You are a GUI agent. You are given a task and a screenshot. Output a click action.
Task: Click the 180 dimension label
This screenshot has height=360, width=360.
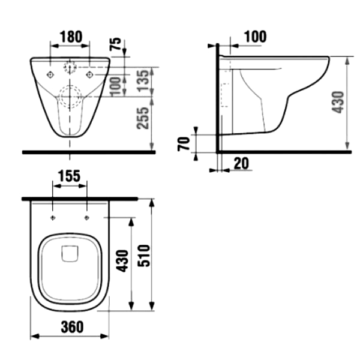pyautogui.click(x=71, y=37)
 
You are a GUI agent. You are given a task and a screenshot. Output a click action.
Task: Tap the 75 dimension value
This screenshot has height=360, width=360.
pyautogui.click(x=115, y=44)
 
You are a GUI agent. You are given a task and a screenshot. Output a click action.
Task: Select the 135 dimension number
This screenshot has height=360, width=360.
pyautogui.click(x=145, y=81)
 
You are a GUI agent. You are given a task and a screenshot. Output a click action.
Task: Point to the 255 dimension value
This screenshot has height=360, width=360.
pyautogui.click(x=143, y=118)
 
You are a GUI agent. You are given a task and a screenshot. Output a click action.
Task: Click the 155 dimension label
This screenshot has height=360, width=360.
pyautogui.click(x=69, y=176)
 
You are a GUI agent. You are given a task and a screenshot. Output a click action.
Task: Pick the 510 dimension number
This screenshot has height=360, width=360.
pyautogui.click(x=143, y=256)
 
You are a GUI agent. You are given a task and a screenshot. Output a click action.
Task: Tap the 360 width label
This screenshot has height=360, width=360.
pyautogui.click(x=72, y=327)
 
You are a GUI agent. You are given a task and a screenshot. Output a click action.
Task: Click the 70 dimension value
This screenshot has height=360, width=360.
pyautogui.click(x=184, y=144)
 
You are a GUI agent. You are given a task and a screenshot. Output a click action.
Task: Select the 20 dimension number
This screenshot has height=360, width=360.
pyautogui.click(x=241, y=163)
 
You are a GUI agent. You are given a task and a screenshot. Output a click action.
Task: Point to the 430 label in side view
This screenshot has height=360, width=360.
pyautogui.click(x=338, y=103)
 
